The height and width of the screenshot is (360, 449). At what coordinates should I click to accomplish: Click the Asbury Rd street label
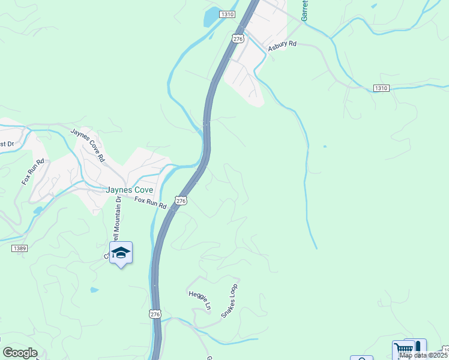[x=282, y=46]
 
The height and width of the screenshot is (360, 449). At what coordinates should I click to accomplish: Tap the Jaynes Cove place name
[x=130, y=190]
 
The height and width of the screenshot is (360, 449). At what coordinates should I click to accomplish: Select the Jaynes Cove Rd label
[x=88, y=145]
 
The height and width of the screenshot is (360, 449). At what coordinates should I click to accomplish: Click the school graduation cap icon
[x=121, y=253]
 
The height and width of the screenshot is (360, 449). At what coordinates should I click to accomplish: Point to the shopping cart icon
[x=403, y=350]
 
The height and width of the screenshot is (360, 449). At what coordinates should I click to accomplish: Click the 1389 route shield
[x=19, y=247]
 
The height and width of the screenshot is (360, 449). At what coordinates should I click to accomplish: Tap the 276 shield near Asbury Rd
[x=238, y=38]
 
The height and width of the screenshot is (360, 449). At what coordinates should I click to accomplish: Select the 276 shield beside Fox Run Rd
[x=181, y=200]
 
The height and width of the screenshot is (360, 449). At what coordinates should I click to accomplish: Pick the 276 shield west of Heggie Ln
[x=155, y=314]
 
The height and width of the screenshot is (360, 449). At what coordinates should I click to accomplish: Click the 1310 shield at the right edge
[x=381, y=88]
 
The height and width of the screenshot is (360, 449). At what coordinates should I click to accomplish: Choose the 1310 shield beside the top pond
[x=226, y=14]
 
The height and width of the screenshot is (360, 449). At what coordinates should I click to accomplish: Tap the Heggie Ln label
[x=200, y=299]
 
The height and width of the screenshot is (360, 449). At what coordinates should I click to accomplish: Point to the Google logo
[x=20, y=353]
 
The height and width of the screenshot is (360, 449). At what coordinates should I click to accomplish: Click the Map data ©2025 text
[x=424, y=355]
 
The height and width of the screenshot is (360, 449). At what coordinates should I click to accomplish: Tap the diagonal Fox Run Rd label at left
[x=34, y=172]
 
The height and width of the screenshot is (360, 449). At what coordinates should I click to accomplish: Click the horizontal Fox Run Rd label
[x=150, y=203]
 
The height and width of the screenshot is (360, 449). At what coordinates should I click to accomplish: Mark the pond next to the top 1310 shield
[x=211, y=17]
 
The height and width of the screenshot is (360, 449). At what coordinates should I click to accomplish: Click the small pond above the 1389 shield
[x=38, y=211]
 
